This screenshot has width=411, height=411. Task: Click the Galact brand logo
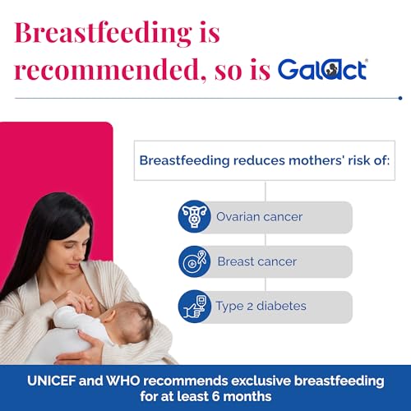(321, 68)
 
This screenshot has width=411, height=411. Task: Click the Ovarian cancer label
(260, 217)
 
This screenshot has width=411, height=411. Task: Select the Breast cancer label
(256, 261)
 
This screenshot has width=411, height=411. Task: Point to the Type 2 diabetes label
(261, 306)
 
